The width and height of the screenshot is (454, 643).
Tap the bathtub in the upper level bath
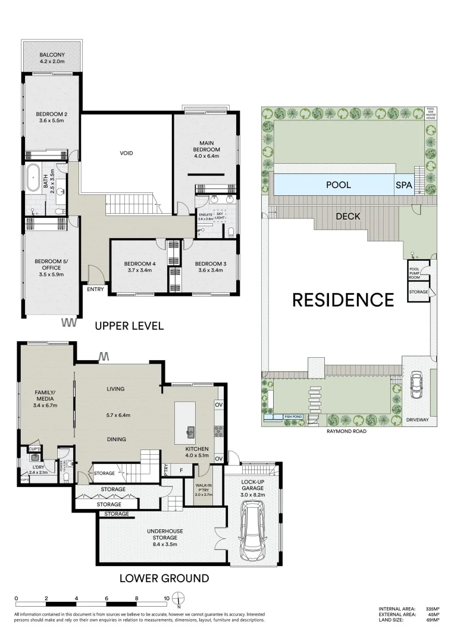tap(32, 178)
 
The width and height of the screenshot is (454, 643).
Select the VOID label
tap(126, 153)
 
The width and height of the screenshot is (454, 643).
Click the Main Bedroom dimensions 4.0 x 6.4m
tap(206, 156)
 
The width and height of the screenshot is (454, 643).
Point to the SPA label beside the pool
tap(404, 185)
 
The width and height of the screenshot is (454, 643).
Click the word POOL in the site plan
tap(338, 185)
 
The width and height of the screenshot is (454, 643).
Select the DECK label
tap(347, 216)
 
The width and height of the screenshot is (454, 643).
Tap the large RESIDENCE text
tap(343, 299)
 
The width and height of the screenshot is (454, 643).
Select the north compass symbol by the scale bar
tap(181, 598)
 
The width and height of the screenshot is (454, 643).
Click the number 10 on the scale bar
tap(167, 598)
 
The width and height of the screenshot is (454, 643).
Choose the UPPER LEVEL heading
tap(129, 326)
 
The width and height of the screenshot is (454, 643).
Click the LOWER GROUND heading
tap(164, 578)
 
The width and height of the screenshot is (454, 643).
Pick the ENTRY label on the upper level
tap(95, 290)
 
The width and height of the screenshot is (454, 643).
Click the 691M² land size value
tap(432, 620)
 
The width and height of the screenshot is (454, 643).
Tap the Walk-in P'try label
tap(204, 489)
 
